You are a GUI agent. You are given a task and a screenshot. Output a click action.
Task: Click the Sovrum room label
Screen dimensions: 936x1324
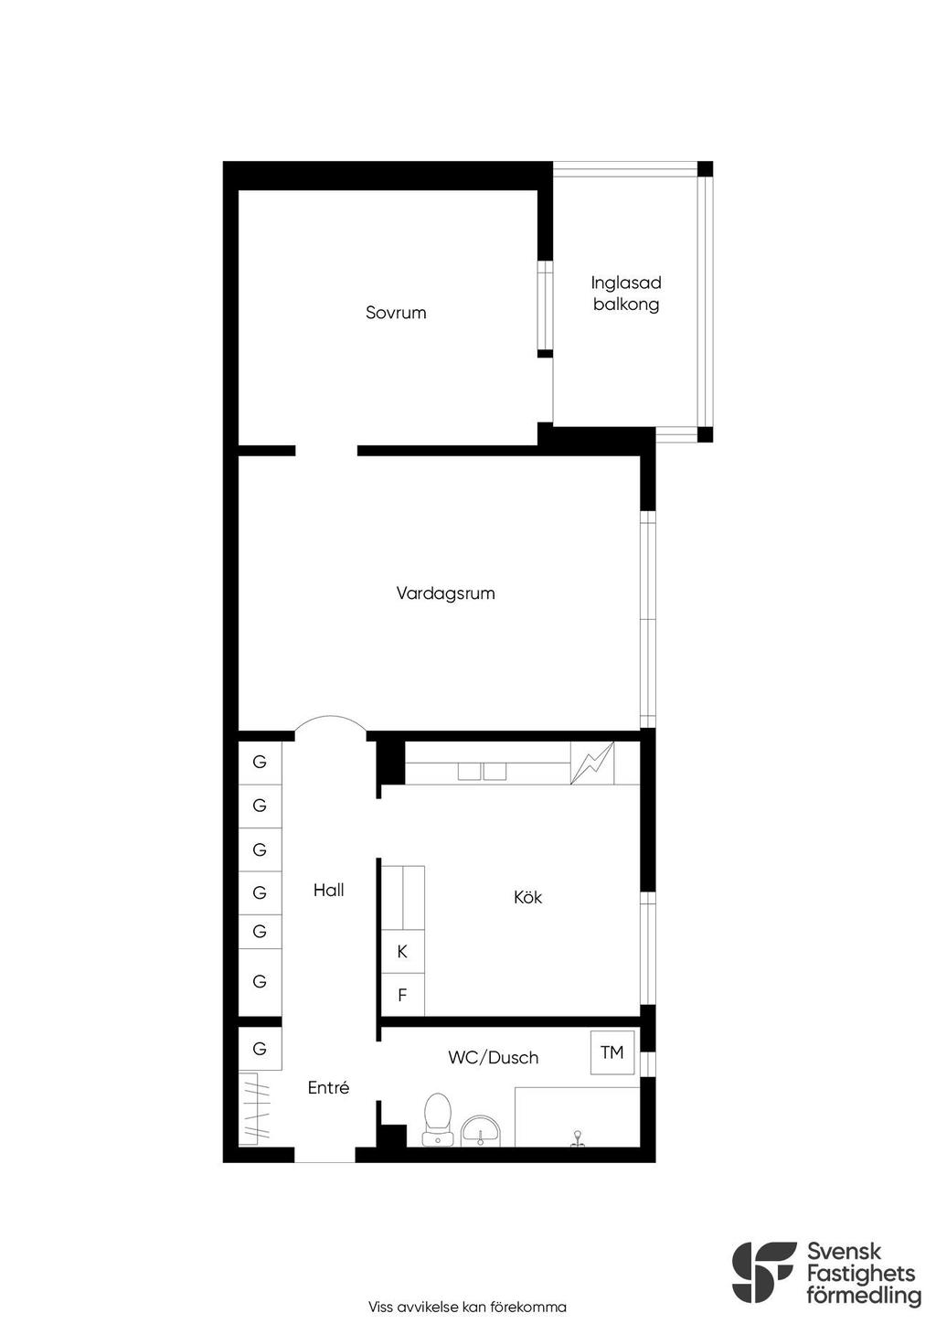click(396, 312)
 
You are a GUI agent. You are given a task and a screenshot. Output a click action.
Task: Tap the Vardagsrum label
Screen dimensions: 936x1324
click(445, 593)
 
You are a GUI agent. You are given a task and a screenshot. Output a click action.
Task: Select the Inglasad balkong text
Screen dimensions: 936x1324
click(626, 294)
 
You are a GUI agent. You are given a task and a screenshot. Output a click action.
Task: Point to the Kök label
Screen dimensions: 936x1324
click(527, 897)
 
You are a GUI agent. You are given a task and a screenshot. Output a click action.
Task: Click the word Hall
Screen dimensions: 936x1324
click(328, 890)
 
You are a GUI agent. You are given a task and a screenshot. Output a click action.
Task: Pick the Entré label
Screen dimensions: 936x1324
click(328, 1087)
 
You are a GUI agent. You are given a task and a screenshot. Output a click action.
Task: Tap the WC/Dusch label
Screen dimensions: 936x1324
click(494, 1057)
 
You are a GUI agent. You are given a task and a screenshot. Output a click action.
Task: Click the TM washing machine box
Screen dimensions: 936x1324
click(612, 1052)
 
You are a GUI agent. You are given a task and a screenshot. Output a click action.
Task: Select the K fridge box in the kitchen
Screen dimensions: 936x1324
click(402, 951)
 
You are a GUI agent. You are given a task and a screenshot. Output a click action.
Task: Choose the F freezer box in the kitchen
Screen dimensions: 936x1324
click(402, 995)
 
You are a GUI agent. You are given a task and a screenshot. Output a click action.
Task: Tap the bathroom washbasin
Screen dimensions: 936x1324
click(481, 1130)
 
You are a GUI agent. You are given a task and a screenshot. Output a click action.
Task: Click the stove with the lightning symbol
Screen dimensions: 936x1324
click(592, 763)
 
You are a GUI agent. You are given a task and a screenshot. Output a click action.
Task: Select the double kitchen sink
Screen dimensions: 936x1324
click(483, 772)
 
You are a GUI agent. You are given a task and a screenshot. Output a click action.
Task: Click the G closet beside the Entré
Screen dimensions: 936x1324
click(260, 1049)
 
